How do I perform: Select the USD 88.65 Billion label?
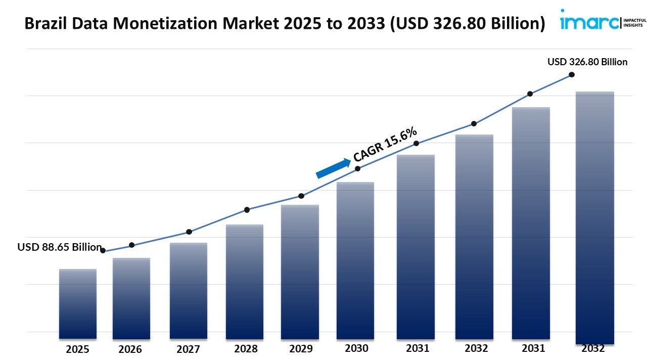pos(60,247)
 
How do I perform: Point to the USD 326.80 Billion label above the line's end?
pos(587,62)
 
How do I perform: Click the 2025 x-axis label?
pos(77,349)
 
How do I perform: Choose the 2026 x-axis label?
pos(131,349)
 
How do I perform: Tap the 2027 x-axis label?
pos(188,349)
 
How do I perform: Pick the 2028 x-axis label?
pos(245,349)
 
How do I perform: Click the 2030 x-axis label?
pos(356,348)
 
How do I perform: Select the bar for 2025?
pos(77,303)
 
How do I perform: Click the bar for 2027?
pos(188,291)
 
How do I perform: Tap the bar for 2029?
pos(300,271)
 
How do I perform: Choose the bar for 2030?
pos(355,260)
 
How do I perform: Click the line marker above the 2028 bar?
pos(247,210)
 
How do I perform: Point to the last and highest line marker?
pos(572,74)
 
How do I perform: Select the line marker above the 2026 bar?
pos(132,245)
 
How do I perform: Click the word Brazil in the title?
pos(43,23)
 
